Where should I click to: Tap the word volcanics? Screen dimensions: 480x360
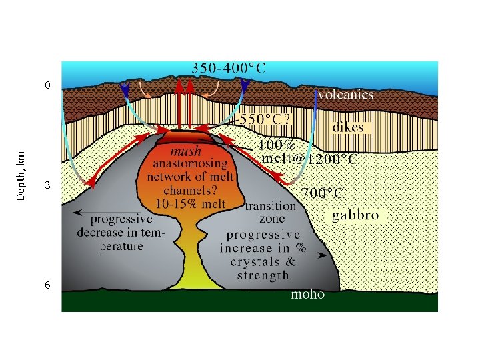345,95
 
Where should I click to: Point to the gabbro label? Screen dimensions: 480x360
355,215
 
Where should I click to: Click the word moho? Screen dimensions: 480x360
308,294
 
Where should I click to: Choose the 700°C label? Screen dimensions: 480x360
323,193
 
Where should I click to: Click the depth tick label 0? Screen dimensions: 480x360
47,85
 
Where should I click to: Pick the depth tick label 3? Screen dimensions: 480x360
47,186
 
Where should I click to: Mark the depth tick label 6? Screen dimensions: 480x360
47,285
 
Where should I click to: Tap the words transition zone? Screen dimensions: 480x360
270,213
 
